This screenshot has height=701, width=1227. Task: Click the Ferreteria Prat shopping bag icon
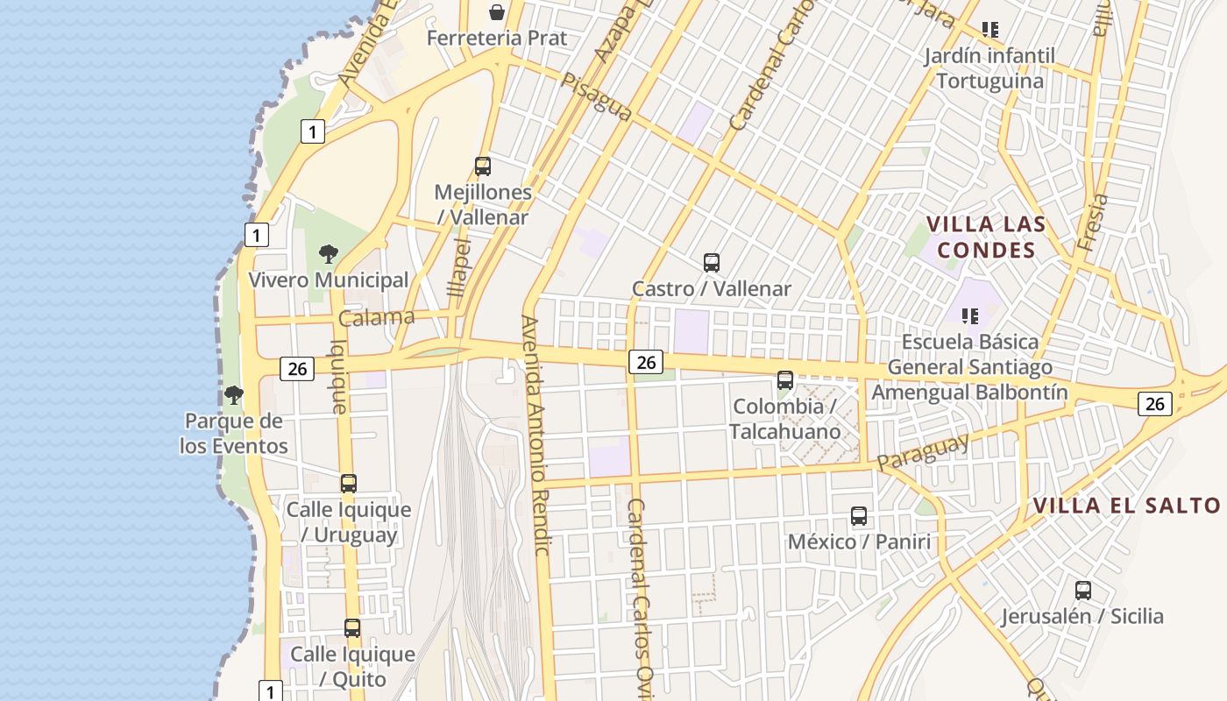(497, 11)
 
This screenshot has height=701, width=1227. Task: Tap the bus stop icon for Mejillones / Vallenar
(482, 166)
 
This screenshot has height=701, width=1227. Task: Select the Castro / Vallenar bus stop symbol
(712, 262)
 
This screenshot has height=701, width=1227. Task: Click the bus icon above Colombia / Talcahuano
(785, 380)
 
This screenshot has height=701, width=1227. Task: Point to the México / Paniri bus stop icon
(859, 516)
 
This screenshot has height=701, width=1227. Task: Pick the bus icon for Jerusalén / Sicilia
(1083, 591)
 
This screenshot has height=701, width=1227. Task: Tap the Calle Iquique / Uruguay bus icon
(349, 483)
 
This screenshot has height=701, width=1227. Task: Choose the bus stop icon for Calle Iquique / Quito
(352, 627)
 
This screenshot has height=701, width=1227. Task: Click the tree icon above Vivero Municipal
(329, 254)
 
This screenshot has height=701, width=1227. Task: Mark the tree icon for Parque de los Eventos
(233, 395)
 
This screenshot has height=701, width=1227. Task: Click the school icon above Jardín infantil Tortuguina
(990, 30)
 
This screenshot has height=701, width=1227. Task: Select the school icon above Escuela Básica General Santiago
(969, 315)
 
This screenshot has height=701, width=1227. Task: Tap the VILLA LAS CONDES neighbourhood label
(986, 237)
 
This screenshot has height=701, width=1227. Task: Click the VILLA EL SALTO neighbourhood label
(1126, 506)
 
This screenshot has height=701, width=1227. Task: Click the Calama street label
(377, 317)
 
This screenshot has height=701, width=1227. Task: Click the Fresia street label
(1093, 223)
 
